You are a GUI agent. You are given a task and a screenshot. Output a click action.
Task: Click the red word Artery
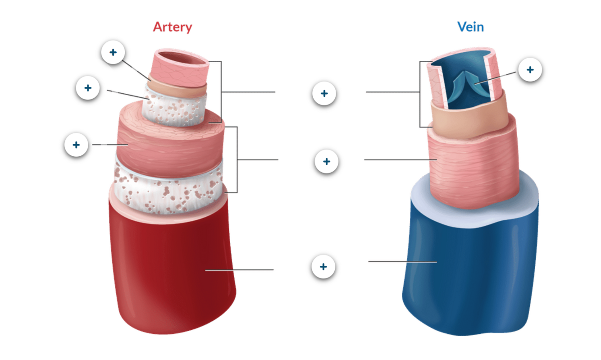tap(172, 27)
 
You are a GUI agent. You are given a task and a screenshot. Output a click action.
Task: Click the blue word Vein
tap(470, 27)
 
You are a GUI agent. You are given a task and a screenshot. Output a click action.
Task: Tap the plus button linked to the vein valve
tap(530, 70)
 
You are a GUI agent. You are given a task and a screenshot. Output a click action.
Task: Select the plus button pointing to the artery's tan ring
tap(113, 52)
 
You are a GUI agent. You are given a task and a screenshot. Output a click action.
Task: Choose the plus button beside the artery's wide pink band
tap(76, 145)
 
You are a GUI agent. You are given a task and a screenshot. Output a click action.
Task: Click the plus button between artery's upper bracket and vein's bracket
tap(324, 94)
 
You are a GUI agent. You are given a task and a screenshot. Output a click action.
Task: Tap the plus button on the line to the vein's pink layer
tap(327, 161)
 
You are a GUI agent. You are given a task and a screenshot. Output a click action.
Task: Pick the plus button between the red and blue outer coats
tap(323, 267)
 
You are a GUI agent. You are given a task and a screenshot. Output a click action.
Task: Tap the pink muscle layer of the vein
tap(473, 167)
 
